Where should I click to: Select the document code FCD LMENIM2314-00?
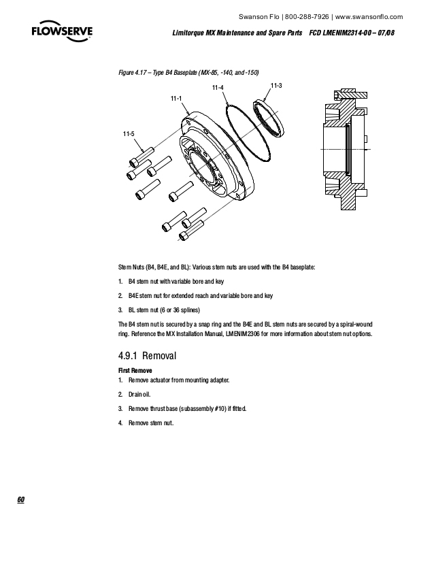point(344,33)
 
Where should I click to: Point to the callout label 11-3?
point(276,84)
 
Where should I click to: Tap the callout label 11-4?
point(218,88)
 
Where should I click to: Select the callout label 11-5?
point(128,133)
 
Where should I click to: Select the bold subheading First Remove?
point(135,369)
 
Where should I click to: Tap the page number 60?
point(21,500)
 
